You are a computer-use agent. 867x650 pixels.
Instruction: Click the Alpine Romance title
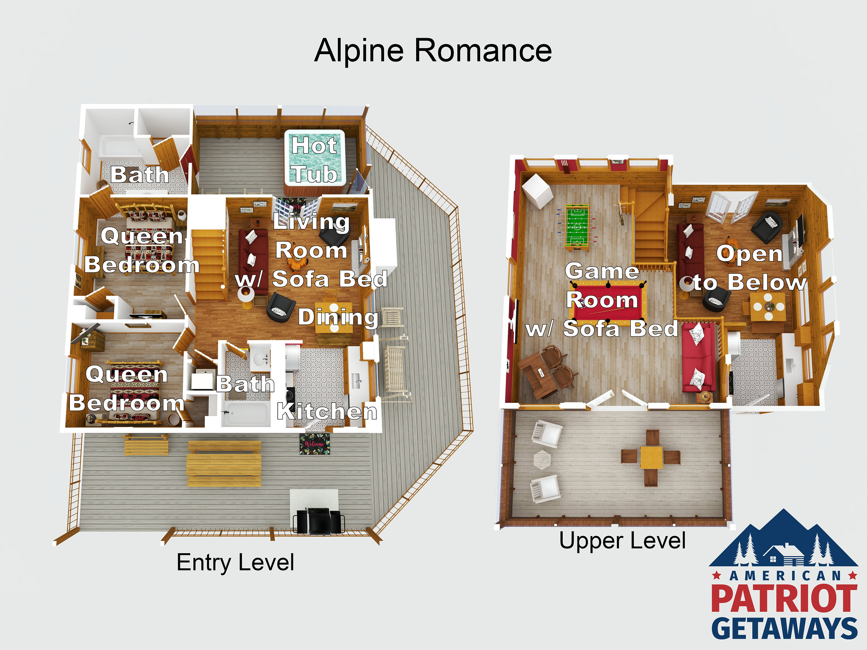tap(433, 51)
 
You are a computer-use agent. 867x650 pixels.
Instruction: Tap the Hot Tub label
tap(315, 160)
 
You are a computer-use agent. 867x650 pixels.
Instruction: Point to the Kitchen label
tap(327, 411)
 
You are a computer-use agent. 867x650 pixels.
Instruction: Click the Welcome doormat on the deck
tap(315, 444)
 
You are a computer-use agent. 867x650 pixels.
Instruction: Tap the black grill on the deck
tap(318, 521)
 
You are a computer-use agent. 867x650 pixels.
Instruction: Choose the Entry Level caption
tap(235, 563)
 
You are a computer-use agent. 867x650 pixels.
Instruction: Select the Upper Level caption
tap(622, 541)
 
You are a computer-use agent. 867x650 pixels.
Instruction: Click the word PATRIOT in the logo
tap(784, 598)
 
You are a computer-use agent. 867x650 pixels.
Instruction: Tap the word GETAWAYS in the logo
tap(784, 628)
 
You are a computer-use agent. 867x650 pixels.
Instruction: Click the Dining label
tap(338, 317)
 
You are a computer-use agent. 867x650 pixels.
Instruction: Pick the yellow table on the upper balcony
tap(652, 457)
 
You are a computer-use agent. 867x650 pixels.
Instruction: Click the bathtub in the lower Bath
tap(246, 413)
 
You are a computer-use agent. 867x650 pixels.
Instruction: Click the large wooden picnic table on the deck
tap(224, 464)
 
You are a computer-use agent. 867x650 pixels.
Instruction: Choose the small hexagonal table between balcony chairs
tap(542, 460)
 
